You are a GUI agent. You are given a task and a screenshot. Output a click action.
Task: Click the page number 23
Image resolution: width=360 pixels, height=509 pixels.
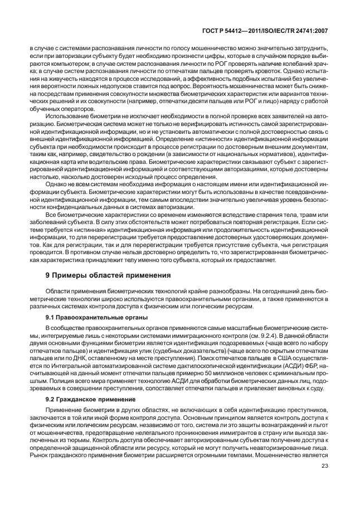tap(324, 483)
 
